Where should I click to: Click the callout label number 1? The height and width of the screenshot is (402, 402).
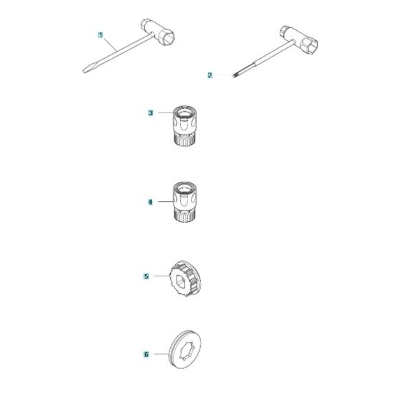click(x=100, y=35)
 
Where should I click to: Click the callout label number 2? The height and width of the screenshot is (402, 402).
click(x=209, y=75)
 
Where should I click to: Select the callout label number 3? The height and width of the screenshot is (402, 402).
click(x=150, y=113)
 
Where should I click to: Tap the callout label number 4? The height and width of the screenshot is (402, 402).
click(x=150, y=203)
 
